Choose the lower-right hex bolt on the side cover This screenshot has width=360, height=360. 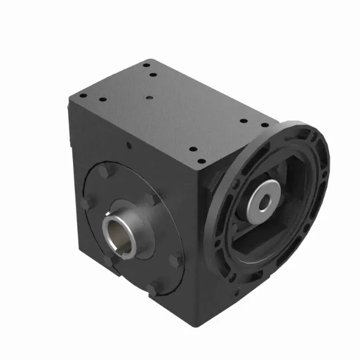tap(176, 259)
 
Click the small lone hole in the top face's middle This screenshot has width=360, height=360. tap(148, 96)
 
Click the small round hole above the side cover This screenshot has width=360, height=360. tap(129, 144)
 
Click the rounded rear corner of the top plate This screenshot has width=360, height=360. tap(152, 60)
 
